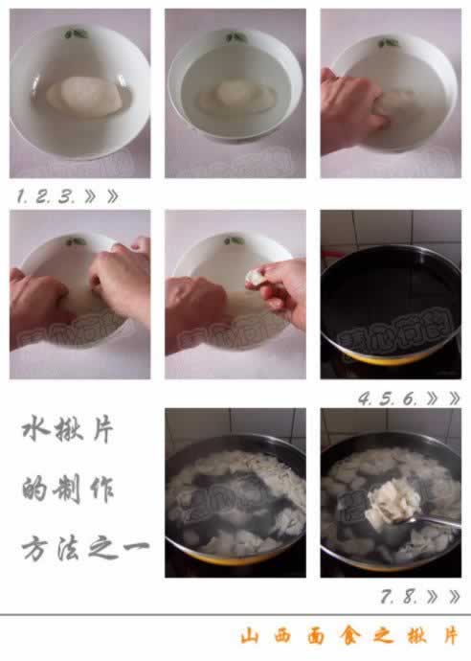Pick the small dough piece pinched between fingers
click(256, 277)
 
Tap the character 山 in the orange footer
click(251, 637)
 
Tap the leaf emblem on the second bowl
click(235, 37)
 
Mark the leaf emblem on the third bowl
click(388, 43)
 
